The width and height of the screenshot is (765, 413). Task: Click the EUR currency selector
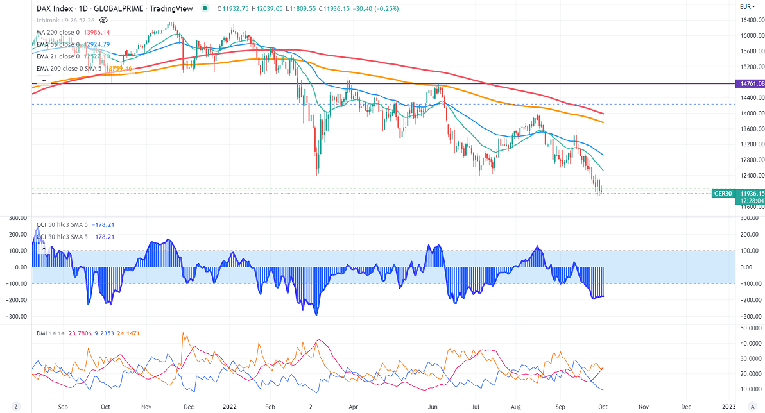pyautogui.click(x=746, y=7)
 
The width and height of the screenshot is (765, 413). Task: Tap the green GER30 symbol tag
pyautogui.click(x=723, y=192)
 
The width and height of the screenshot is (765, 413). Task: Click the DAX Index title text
pyautogui.click(x=53, y=8)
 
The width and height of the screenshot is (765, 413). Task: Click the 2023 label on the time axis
pyautogui.click(x=728, y=407)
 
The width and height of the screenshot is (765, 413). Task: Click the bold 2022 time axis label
pyautogui.click(x=229, y=407)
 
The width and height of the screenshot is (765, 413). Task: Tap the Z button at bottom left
pyautogui.click(x=16, y=407)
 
